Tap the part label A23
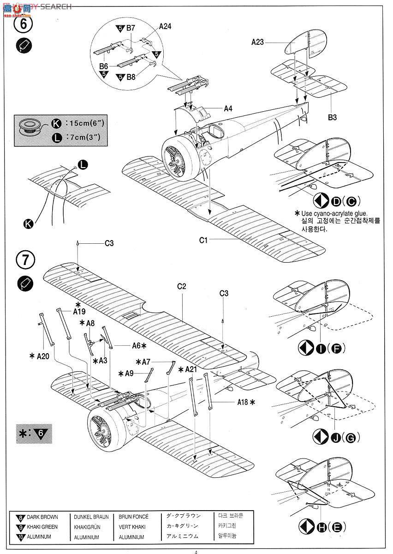pyautogui.click(x=258, y=42)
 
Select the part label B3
pyautogui.click(x=332, y=118)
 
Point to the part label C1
pyautogui.click(x=204, y=240)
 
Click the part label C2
pyautogui.click(x=181, y=286)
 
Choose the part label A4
pyautogui.click(x=228, y=109)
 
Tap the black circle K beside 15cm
pyautogui.click(x=56, y=124)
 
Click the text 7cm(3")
pyautogui.click(x=83, y=137)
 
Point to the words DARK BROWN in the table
pyautogui.click(x=42, y=517)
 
